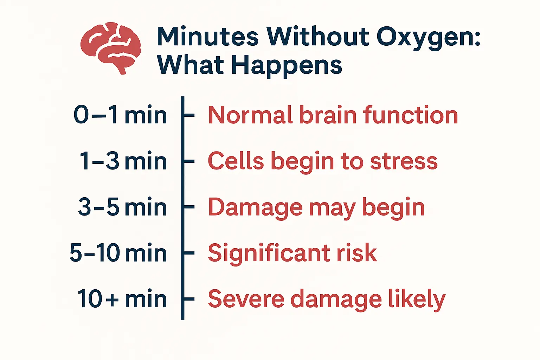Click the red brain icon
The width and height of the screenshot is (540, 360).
pyautogui.click(x=111, y=48)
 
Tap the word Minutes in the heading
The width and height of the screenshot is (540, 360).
pyautogui.click(x=207, y=37)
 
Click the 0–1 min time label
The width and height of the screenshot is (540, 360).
pyautogui.click(x=120, y=115)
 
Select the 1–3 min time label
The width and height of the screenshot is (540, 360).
pyautogui.click(x=123, y=161)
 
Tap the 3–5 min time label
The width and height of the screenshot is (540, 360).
pyautogui.click(x=122, y=207)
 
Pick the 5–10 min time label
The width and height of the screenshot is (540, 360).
pyautogui.click(x=118, y=253)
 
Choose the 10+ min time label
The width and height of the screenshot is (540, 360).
pyautogui.click(x=122, y=299)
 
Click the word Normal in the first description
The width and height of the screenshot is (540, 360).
pyautogui.click(x=250, y=115)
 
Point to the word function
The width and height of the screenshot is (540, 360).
pyautogui.click(x=410, y=115)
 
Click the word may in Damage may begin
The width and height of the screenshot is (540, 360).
pyautogui.click(x=332, y=210)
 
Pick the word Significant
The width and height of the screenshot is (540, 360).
pyautogui.click(x=269, y=254)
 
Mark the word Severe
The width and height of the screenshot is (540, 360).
pyautogui.click(x=246, y=299)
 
